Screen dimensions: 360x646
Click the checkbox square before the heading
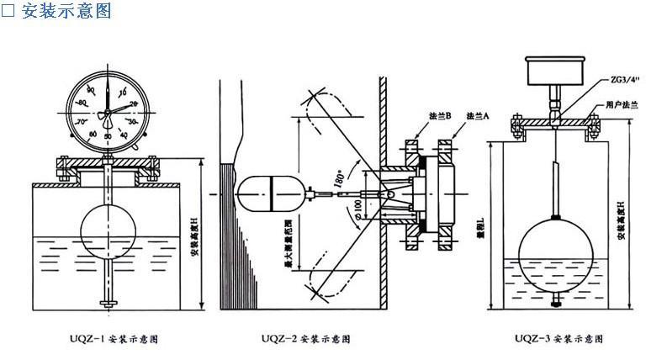8,12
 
